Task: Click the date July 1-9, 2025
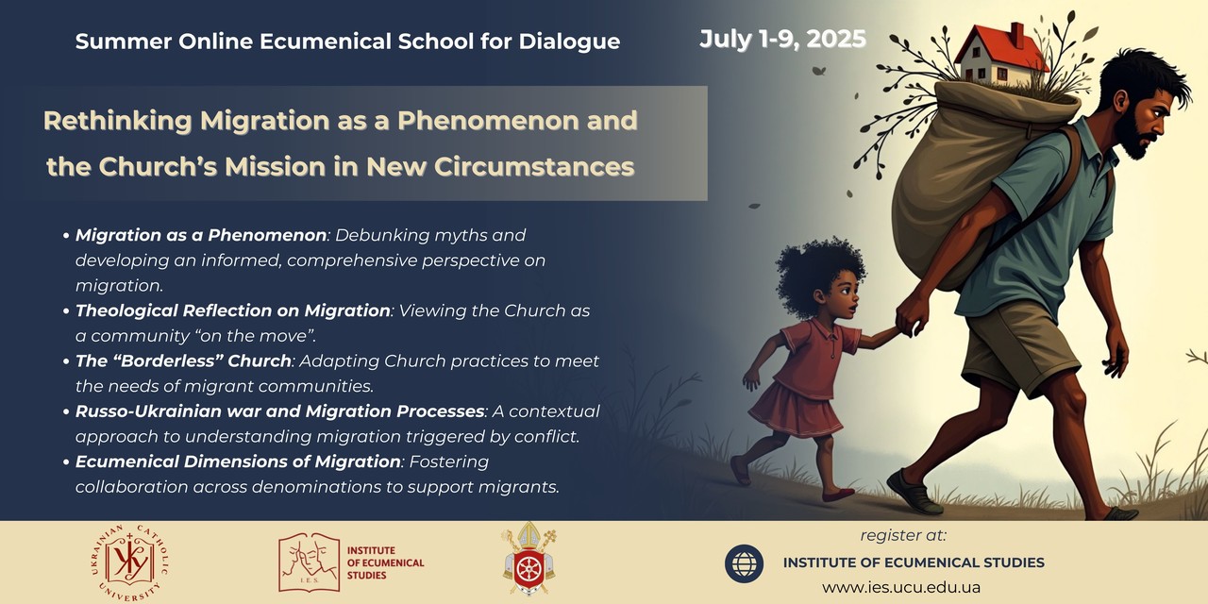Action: tap(782, 39)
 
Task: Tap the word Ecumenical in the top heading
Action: tap(326, 42)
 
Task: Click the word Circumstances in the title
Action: tap(534, 167)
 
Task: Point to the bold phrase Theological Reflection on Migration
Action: tap(232, 310)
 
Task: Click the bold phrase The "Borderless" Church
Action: tap(183, 361)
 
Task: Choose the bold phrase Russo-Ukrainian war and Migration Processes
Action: tap(279, 411)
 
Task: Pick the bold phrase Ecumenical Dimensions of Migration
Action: tap(238, 461)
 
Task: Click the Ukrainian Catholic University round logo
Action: tap(129, 563)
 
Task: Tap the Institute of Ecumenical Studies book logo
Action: tap(309, 562)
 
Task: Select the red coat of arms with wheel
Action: tap(529, 560)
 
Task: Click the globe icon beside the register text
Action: tap(744, 563)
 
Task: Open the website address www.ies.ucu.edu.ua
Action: tap(901, 587)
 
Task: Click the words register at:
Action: tap(903, 535)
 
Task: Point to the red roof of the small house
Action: tap(1000, 48)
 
